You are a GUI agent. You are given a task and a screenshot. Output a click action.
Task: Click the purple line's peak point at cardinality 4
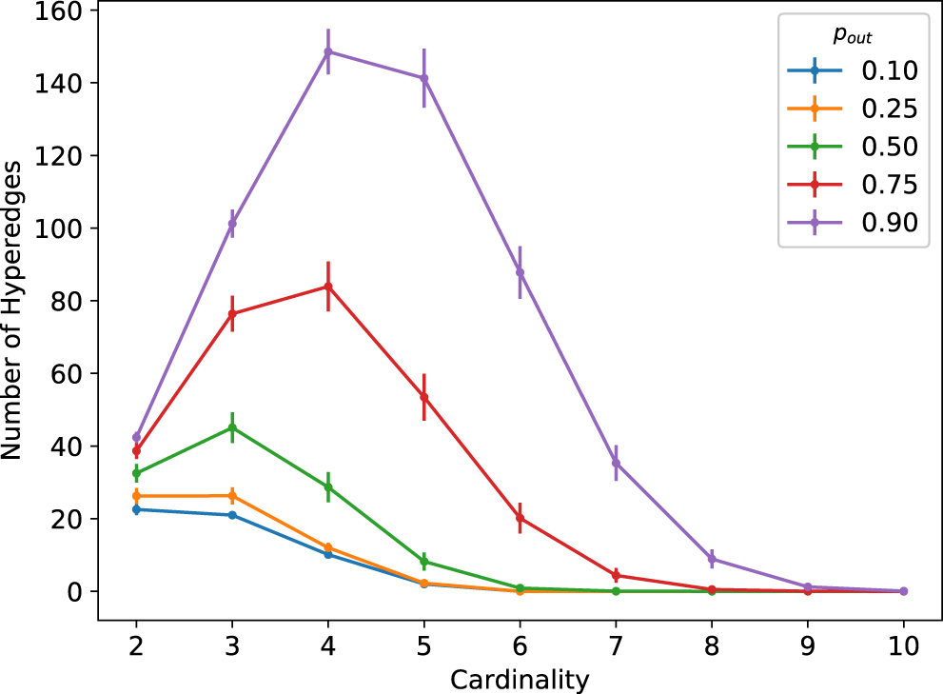(328, 51)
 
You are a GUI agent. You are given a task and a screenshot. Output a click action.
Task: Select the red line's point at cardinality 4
(328, 287)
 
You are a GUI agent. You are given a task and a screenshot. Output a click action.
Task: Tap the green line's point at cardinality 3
(232, 427)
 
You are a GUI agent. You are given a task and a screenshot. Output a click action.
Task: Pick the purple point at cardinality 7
(616, 463)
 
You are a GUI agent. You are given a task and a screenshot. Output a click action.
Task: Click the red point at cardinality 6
(520, 518)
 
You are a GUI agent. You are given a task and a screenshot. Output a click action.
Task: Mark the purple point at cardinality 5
(424, 78)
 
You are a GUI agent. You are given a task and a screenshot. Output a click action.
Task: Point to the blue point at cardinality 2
(136, 509)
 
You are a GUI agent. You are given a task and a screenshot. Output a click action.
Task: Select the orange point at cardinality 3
(232, 496)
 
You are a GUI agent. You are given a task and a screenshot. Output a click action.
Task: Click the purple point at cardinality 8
(712, 559)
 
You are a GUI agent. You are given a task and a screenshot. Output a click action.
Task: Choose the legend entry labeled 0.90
(889, 223)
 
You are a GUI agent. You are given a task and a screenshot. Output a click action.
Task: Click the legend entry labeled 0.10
(889, 70)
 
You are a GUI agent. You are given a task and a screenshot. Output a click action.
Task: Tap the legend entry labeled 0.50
(889, 147)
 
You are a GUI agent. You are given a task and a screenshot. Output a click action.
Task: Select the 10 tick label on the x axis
(903, 645)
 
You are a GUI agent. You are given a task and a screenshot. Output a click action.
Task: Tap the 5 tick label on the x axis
(424, 645)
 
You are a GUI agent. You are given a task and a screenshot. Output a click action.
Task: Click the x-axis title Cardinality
(520, 680)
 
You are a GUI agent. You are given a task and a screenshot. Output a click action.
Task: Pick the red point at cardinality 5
(424, 397)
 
